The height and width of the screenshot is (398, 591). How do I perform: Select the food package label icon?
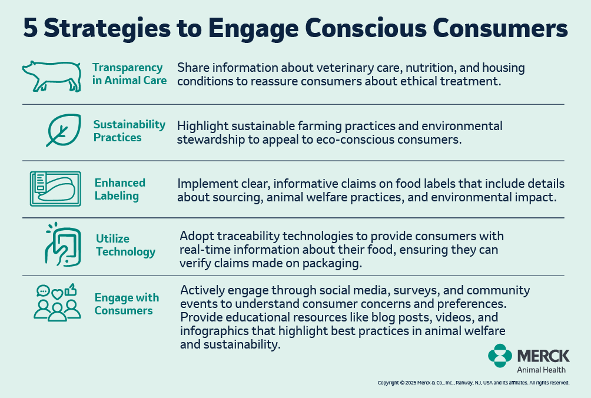click(55, 189)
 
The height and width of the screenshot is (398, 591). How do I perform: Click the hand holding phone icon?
click(62, 244)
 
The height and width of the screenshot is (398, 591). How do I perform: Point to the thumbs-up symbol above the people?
click(71, 290)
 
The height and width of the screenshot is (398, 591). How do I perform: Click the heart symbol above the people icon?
click(57, 294)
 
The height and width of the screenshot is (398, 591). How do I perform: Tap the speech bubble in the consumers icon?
click(43, 291)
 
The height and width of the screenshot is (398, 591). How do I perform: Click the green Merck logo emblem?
click(500, 356)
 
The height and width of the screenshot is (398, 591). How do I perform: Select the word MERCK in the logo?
click(543, 356)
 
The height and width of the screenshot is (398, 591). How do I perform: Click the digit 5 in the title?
click(30, 28)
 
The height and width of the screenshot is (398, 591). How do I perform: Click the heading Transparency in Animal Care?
click(130, 74)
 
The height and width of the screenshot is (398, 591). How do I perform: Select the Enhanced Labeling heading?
click(120, 189)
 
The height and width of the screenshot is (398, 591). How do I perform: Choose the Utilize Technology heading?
click(125, 245)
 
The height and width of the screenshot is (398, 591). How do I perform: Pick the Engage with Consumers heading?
click(127, 304)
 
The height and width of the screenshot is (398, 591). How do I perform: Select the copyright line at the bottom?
click(473, 383)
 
